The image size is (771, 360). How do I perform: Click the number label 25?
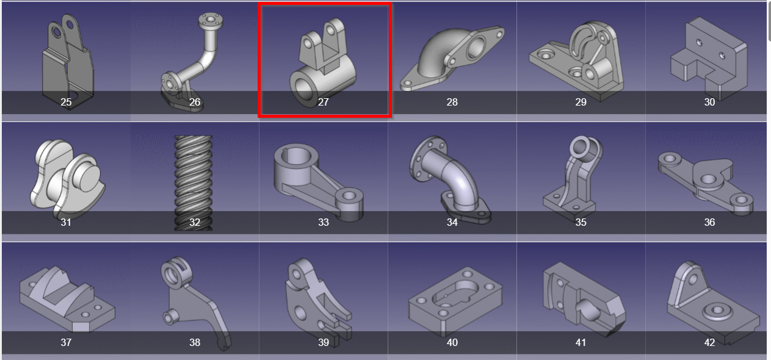(x=66, y=103)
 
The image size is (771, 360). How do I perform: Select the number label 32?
(x=195, y=222)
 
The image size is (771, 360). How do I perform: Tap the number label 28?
(x=452, y=103)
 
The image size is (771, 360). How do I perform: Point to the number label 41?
(x=581, y=342)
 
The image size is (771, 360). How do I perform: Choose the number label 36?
(x=709, y=222)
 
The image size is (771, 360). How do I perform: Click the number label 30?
(x=709, y=103)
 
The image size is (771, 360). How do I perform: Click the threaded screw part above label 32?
(x=194, y=183)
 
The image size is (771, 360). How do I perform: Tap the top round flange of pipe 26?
(x=211, y=20)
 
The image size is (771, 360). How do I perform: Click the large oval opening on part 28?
(x=476, y=48)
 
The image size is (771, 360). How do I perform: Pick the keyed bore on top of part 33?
(x=296, y=156)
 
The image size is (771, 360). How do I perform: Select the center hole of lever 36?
(x=708, y=179)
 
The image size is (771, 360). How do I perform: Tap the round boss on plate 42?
(x=718, y=311)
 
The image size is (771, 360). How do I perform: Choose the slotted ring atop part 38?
(x=176, y=273)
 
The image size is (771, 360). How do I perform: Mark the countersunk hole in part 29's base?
(x=545, y=54)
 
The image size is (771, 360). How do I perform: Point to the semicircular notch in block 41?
(x=588, y=310)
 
